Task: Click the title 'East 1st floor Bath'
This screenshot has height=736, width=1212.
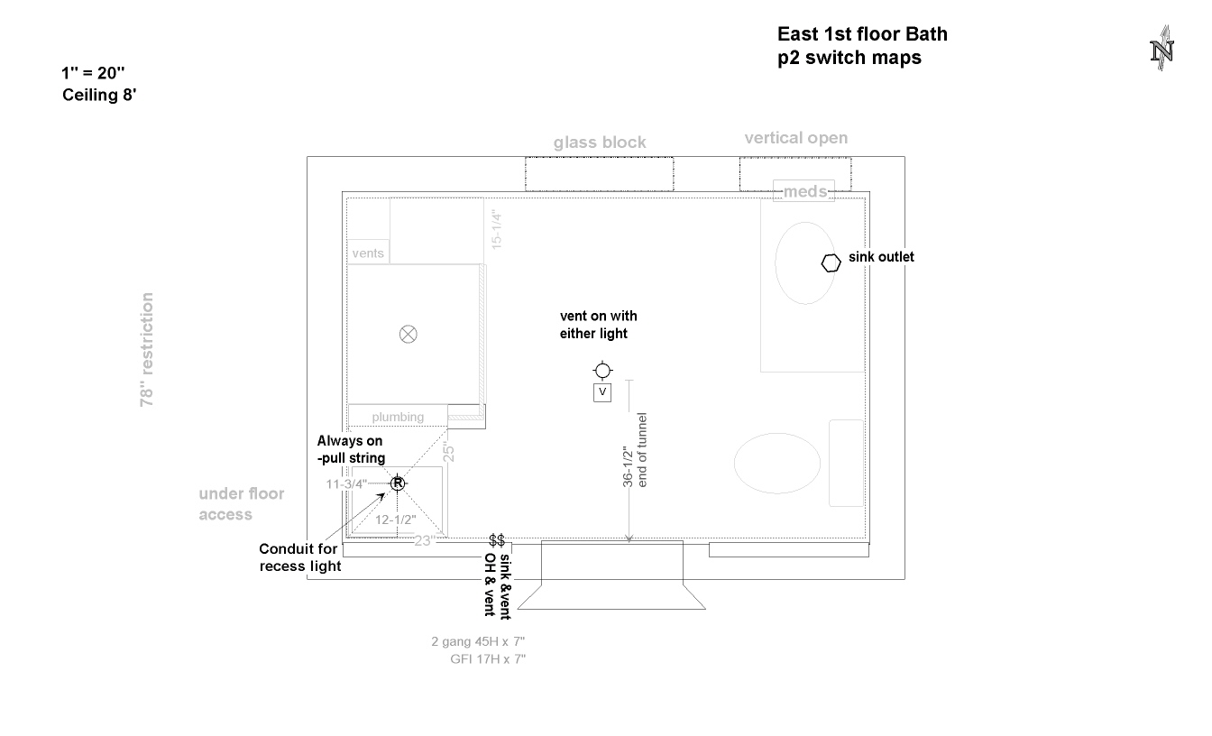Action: pos(862,35)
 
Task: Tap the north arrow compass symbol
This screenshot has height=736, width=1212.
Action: pos(1161,50)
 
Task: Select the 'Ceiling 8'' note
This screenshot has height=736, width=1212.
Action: pos(99,94)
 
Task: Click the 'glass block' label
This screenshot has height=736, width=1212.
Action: pos(600,143)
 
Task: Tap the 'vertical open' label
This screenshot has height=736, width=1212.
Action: pos(795,138)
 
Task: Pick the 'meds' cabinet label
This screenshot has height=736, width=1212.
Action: pos(803,191)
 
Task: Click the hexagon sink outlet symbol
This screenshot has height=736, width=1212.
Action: pos(831,262)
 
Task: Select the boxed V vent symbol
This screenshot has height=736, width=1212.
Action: pos(602,392)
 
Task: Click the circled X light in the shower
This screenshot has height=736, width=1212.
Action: pos(409,335)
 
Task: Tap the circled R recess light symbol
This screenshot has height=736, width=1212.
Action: pos(398,483)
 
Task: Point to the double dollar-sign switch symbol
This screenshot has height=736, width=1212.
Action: pos(497,540)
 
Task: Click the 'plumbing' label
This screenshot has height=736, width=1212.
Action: pos(398,417)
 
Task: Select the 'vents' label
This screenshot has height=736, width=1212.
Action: pos(368,253)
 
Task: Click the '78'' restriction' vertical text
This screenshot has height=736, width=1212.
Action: pos(147,350)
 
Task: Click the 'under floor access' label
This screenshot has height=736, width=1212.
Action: pos(241,504)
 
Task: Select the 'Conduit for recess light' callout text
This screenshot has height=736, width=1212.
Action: pos(300,557)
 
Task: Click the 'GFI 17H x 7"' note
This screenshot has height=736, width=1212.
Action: pos(488,659)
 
